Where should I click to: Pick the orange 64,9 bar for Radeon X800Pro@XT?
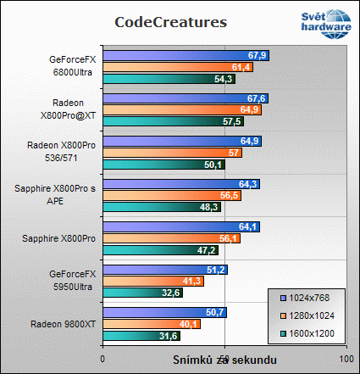click(181, 109)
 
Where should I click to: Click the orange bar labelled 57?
click(172, 153)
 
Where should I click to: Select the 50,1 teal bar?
click(163, 165)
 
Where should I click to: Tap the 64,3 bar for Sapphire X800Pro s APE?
click(180, 184)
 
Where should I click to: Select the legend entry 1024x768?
click(307, 299)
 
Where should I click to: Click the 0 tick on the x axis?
click(102, 359)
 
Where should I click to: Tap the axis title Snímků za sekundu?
click(224, 360)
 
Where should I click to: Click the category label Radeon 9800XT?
click(64, 324)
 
